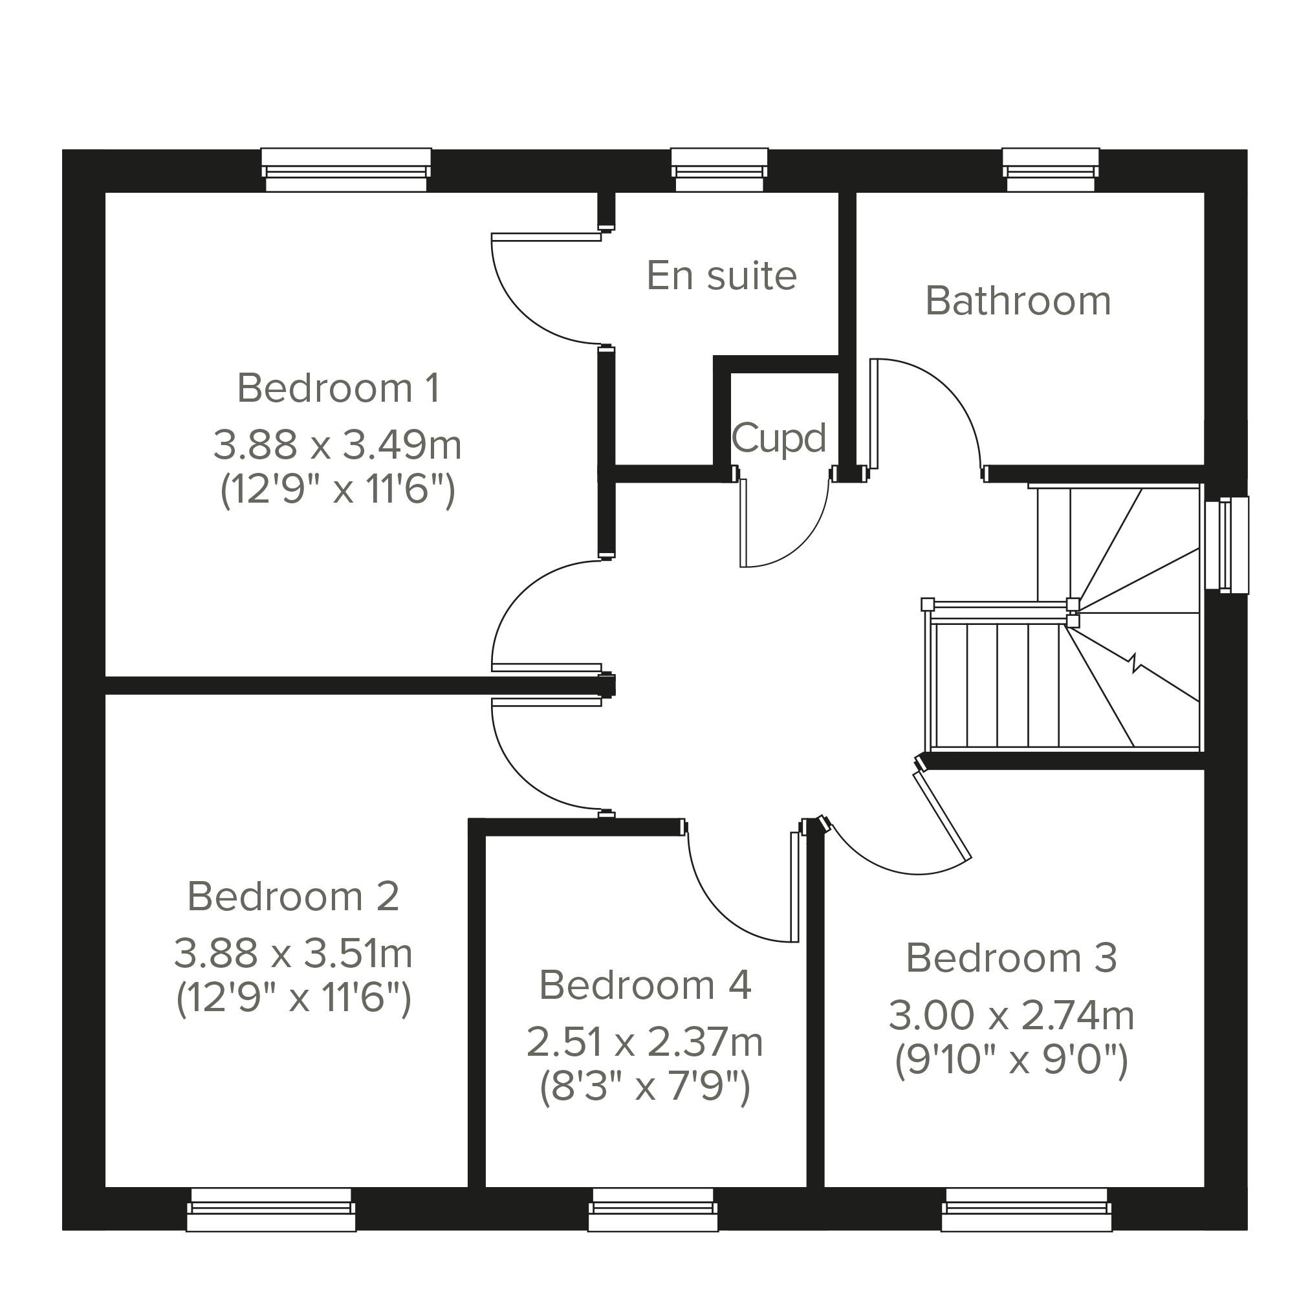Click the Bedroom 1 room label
point(338,388)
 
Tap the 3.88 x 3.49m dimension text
point(338,445)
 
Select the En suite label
point(721,276)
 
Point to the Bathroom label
point(1018,300)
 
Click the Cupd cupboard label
point(778,439)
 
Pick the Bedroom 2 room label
point(293,897)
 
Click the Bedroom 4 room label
point(645,985)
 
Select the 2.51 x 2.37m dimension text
point(644,1042)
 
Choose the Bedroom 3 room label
point(1011,958)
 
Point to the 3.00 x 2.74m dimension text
point(1011,1015)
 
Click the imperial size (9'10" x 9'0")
point(1011,1060)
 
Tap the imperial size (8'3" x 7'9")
point(645,1087)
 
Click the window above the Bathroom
point(1051,170)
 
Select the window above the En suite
point(719,170)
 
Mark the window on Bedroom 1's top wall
point(346,170)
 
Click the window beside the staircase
point(1227,545)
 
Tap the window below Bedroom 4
point(653,1210)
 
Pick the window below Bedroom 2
point(271,1210)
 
